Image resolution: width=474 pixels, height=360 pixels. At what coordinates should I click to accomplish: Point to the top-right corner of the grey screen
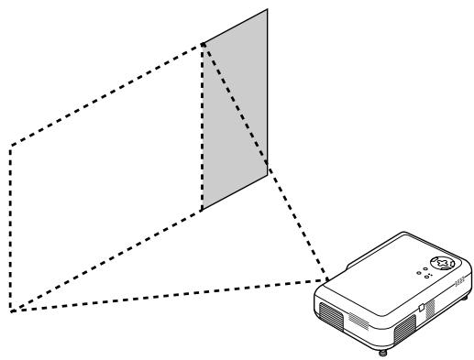click(x=269, y=10)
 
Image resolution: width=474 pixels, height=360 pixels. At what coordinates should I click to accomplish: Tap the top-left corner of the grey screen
click(x=202, y=43)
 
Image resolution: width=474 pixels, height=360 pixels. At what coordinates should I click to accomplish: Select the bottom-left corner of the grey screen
click(x=202, y=210)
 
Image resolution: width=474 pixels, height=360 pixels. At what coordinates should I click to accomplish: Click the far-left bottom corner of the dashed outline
click(x=10, y=312)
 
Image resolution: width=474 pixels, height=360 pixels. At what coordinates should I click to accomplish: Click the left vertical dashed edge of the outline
click(x=9, y=229)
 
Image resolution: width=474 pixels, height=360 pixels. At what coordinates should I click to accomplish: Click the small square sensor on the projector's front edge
click(x=419, y=309)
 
